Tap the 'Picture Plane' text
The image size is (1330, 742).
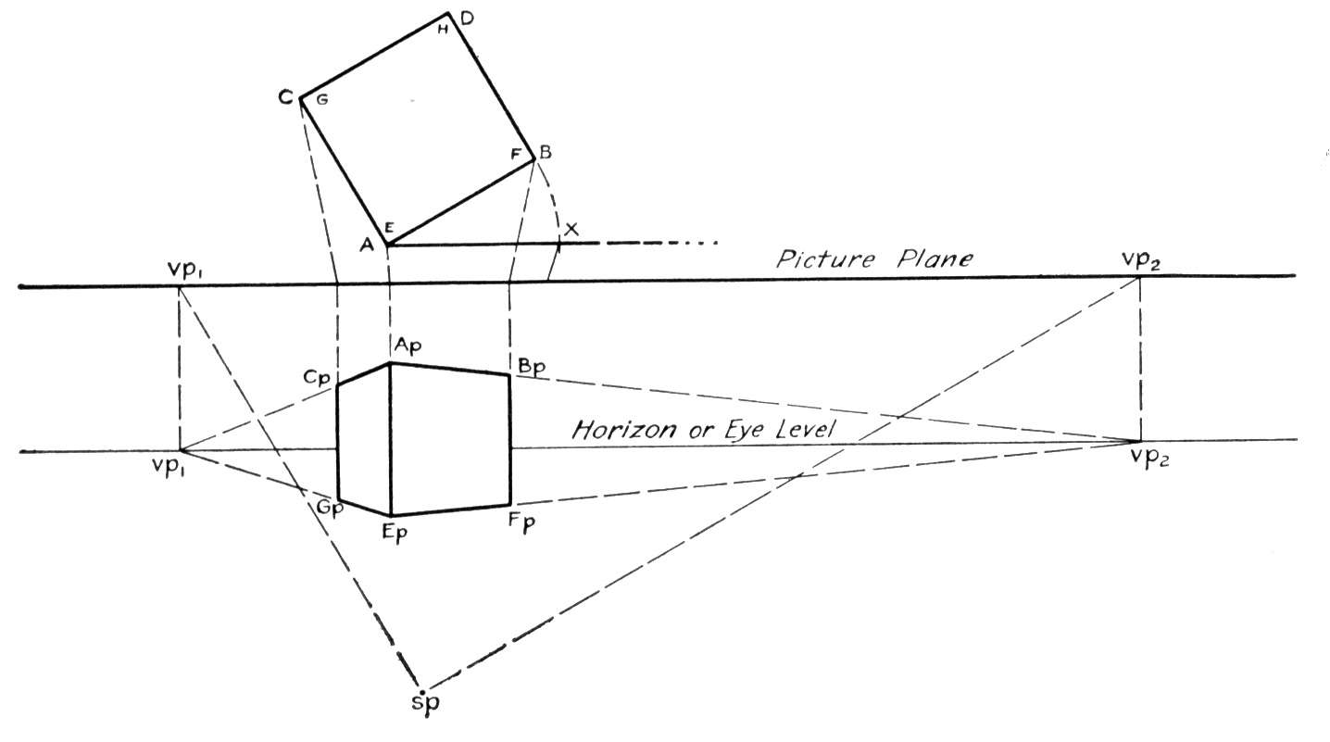(x=874, y=259)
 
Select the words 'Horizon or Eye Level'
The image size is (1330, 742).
(x=703, y=429)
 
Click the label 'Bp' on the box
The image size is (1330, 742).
(x=531, y=366)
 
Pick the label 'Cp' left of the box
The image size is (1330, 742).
(x=317, y=378)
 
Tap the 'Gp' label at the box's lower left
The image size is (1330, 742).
(x=330, y=509)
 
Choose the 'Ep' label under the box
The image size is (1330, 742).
(x=395, y=532)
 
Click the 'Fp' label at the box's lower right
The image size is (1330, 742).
(x=522, y=522)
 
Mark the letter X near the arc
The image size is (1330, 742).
(x=571, y=229)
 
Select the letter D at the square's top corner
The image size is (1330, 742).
(x=467, y=19)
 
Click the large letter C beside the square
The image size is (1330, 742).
(x=287, y=97)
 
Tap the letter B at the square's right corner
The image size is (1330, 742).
(x=545, y=152)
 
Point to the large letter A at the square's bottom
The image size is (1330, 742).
(x=368, y=245)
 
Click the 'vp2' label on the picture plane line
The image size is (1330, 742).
(x=1140, y=259)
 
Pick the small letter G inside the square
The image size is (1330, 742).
(x=322, y=100)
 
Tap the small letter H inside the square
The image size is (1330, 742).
(x=443, y=30)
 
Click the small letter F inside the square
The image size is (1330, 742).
(x=516, y=155)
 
